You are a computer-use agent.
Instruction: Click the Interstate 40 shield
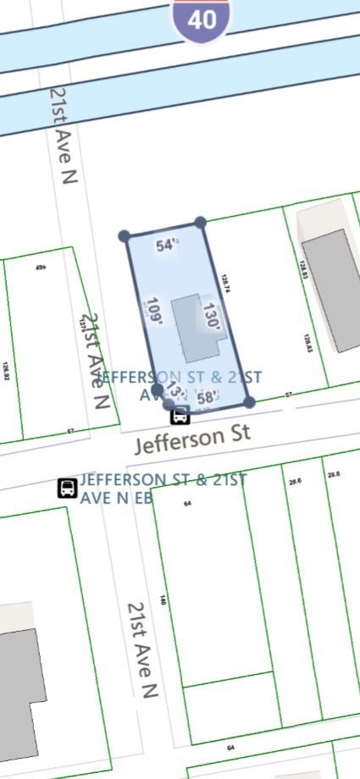202,19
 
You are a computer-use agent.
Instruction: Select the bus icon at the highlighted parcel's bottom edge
180,416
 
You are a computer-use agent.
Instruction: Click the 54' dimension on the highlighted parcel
168,246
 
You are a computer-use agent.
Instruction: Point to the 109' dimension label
153,311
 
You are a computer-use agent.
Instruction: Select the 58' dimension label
208,396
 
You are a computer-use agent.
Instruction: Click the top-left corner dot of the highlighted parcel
125,235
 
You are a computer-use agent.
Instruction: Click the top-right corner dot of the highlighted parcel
200,223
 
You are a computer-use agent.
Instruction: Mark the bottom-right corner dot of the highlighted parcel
249,401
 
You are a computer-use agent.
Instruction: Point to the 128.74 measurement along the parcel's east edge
225,285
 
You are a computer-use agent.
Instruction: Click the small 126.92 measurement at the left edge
6,372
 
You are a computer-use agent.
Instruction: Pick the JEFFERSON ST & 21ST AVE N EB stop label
163,489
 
